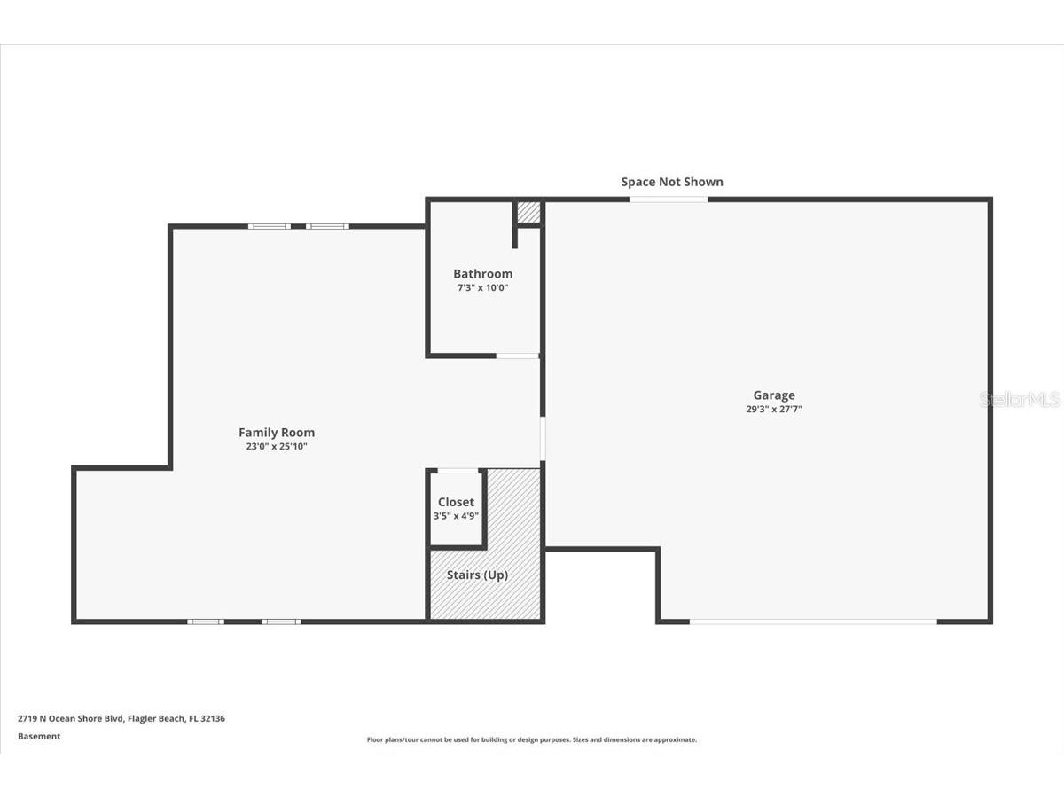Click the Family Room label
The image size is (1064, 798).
coord(277,433)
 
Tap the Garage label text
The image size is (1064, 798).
coord(774,395)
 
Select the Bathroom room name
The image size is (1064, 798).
coord(482,274)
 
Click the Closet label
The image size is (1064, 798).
coord(456,503)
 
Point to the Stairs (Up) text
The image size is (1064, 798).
coord(477,575)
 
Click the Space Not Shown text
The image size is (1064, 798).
coord(671,182)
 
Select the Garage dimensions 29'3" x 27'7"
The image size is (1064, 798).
coord(774,410)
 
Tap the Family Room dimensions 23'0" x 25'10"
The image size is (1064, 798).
coord(277,447)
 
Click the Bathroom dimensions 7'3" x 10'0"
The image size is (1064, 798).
coord(482,288)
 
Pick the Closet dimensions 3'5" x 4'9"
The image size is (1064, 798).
coord(456,516)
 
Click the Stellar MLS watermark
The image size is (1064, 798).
coord(1019,400)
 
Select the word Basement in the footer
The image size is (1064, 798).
coord(39,736)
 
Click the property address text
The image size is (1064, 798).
coord(121,719)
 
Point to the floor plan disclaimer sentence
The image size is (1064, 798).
coord(532,739)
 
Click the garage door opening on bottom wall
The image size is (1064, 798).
coord(813,622)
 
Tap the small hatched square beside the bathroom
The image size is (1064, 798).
coord(528,212)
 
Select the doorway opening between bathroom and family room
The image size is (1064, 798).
coord(517,356)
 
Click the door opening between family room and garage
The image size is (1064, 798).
coord(543,438)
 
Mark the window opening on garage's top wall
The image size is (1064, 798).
coord(669,199)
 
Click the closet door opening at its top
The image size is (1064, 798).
coord(458,470)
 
